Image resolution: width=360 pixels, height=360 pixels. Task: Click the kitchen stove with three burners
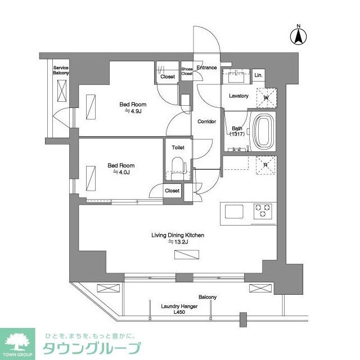tap(262, 211)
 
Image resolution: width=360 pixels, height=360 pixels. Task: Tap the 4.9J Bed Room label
tap(133, 107)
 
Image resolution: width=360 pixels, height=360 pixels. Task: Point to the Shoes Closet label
tap(187, 71)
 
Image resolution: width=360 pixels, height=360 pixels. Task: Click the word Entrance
tap(206, 67)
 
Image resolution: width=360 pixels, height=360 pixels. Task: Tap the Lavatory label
tap(238, 96)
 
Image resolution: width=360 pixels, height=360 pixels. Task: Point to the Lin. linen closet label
tap(258, 75)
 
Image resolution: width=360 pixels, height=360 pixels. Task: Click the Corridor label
tap(206, 121)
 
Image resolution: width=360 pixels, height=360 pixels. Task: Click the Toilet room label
tap(178, 147)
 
